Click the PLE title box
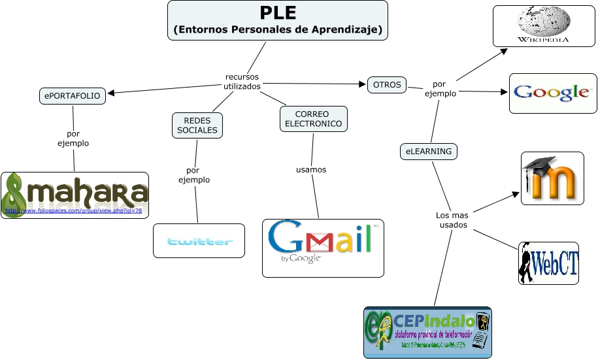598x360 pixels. pos(278,20)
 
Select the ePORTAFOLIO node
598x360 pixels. pos(73,96)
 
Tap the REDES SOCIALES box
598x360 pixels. pos(197,125)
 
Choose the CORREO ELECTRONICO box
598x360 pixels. pos(313,119)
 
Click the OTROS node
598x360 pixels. pos(387,85)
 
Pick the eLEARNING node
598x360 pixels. pos(429,152)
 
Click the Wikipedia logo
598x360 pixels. pos(543,26)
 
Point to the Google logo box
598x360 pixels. pos(553,93)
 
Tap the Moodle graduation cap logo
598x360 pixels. pos(552,178)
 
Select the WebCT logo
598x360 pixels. pos(549,263)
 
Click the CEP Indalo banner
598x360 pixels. pos(427,332)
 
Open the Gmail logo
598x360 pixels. pos(322,248)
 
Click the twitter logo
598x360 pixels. pos(199,241)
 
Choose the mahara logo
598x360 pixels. pos(75,195)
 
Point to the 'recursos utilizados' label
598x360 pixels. pos(242,82)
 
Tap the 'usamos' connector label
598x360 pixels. pos(311,170)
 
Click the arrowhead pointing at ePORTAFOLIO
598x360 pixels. pos(111,93)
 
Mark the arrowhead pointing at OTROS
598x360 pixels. pos(363,84)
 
